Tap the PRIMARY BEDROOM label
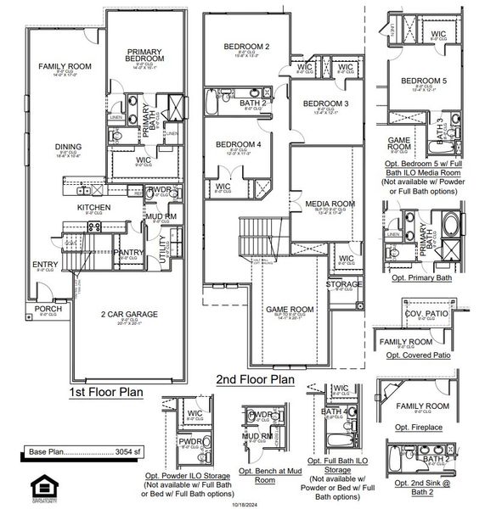pos(145,56)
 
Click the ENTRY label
pos(45,264)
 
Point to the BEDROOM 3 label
pos(325,103)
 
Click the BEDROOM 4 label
pos(238,144)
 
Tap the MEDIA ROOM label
pos(330,204)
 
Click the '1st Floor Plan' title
pos(106,393)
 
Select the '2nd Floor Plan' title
pos(255,381)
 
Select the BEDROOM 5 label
pos(424,81)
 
